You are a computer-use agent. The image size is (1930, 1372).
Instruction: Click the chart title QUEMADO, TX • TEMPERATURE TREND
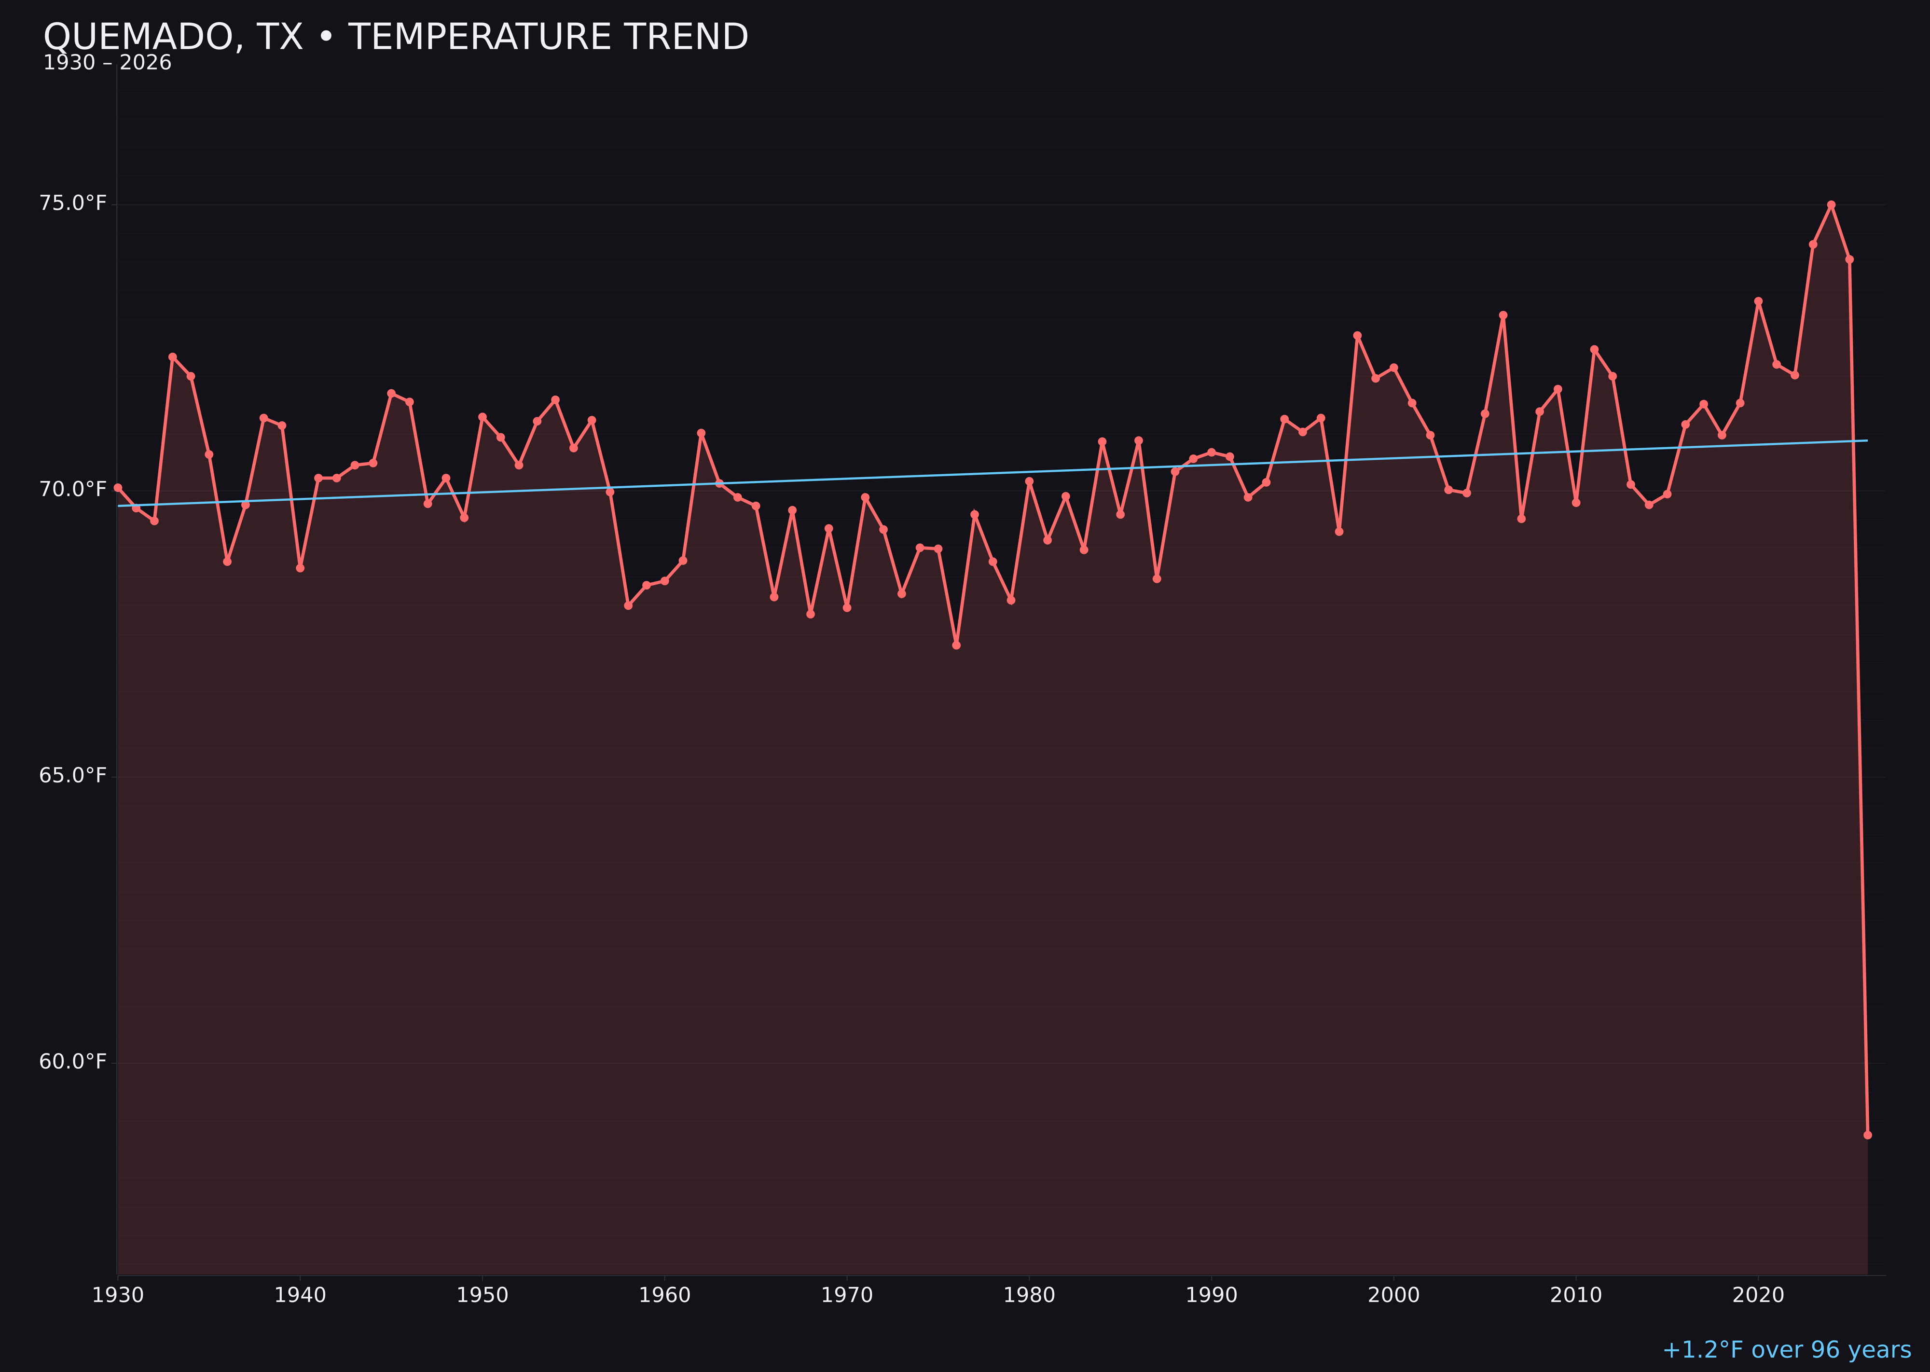tap(396, 37)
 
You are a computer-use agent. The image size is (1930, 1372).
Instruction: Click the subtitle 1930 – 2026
tap(107, 63)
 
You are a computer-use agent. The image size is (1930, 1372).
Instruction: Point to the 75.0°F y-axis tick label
tap(73, 204)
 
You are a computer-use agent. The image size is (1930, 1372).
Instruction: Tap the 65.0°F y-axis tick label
tap(73, 776)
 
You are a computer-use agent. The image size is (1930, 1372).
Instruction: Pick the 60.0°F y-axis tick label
tap(73, 1062)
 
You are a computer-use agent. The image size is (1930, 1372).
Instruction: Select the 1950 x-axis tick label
tap(482, 1296)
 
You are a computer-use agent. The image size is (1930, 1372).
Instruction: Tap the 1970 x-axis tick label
tap(847, 1296)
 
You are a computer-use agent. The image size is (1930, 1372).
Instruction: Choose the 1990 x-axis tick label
tap(1211, 1296)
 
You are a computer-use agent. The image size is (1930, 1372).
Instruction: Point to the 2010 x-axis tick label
tap(1576, 1296)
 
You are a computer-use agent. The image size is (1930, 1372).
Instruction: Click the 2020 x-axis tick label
tap(1758, 1296)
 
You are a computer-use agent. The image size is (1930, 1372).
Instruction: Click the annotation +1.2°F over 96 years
tap(1786, 1350)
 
